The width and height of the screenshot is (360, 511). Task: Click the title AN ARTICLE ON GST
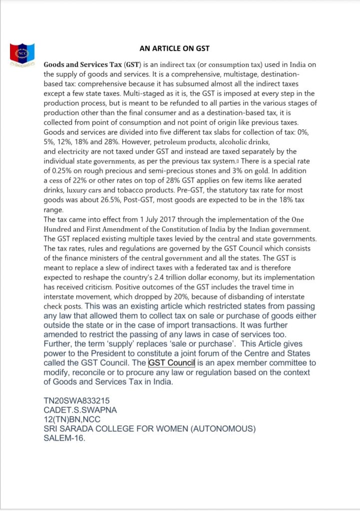tap(174, 48)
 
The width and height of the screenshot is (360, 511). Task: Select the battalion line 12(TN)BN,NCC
tap(72, 420)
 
